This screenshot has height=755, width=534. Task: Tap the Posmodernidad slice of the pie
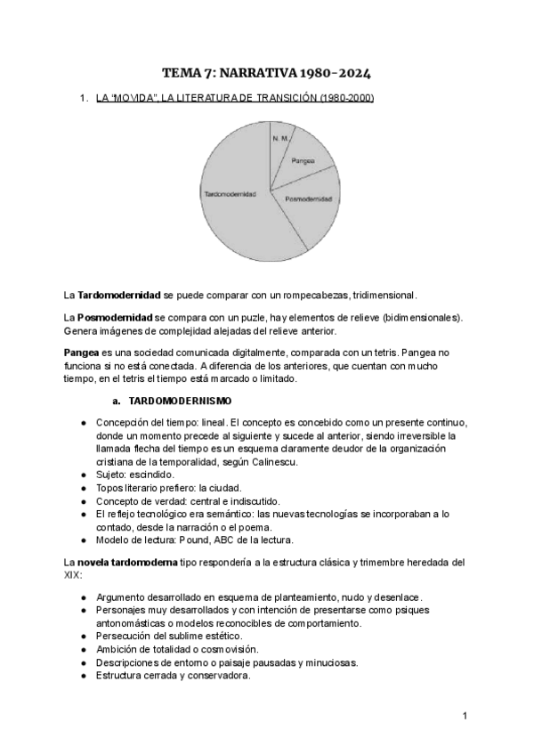tap(309, 200)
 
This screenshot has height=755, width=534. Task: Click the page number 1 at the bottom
tap(465, 715)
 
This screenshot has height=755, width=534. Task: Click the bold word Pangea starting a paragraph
tap(81, 353)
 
